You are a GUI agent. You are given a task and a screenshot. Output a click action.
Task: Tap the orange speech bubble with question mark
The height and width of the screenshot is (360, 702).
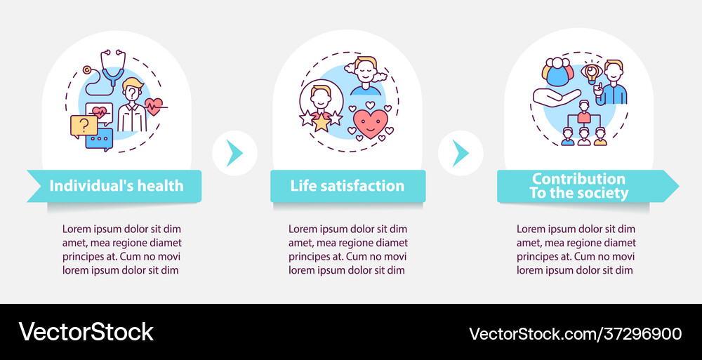point(84,126)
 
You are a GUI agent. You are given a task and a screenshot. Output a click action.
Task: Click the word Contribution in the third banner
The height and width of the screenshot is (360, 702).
point(578,179)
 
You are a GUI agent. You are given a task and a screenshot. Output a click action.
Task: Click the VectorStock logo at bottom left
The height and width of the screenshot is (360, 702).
point(86,332)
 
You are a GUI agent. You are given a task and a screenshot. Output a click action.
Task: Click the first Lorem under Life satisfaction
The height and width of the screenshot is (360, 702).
point(303,229)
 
